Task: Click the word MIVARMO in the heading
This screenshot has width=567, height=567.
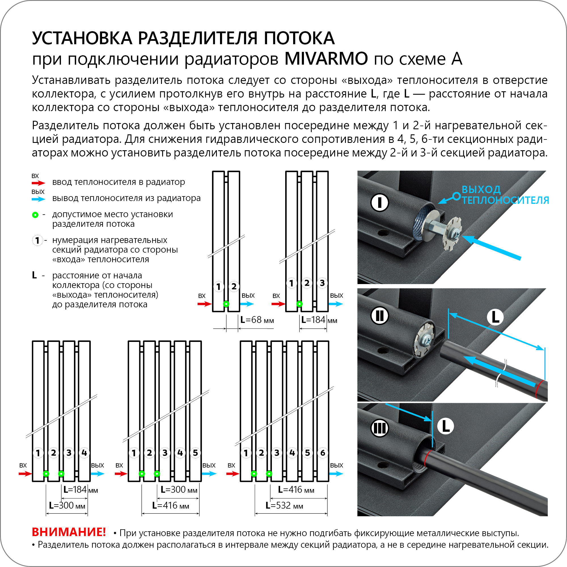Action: point(326,59)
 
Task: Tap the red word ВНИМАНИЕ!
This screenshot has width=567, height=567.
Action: point(69,532)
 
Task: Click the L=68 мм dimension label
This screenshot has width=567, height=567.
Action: point(257,320)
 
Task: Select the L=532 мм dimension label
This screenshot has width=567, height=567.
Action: point(284,505)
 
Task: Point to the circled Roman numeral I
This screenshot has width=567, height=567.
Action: point(380,202)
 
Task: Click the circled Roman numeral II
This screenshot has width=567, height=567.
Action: point(380,316)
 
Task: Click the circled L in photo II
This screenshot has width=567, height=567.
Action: point(495,317)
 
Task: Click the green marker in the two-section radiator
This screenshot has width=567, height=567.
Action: point(226,304)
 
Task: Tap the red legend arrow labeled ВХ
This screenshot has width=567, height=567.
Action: point(38,183)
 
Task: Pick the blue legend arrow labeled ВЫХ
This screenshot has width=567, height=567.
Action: point(38,199)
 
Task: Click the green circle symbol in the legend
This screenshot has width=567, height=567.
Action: point(35,215)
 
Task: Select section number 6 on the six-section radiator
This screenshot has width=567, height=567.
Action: point(323,453)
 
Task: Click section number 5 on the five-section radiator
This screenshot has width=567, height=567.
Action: point(195,453)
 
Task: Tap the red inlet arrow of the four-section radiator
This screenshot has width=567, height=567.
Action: point(25,474)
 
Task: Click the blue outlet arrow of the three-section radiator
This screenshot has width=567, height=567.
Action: point(336,304)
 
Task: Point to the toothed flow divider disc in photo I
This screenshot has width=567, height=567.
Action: point(452,233)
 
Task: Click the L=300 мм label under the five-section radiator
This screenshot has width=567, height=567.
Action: point(179,490)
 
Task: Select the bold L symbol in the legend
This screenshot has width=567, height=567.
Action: point(34,275)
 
